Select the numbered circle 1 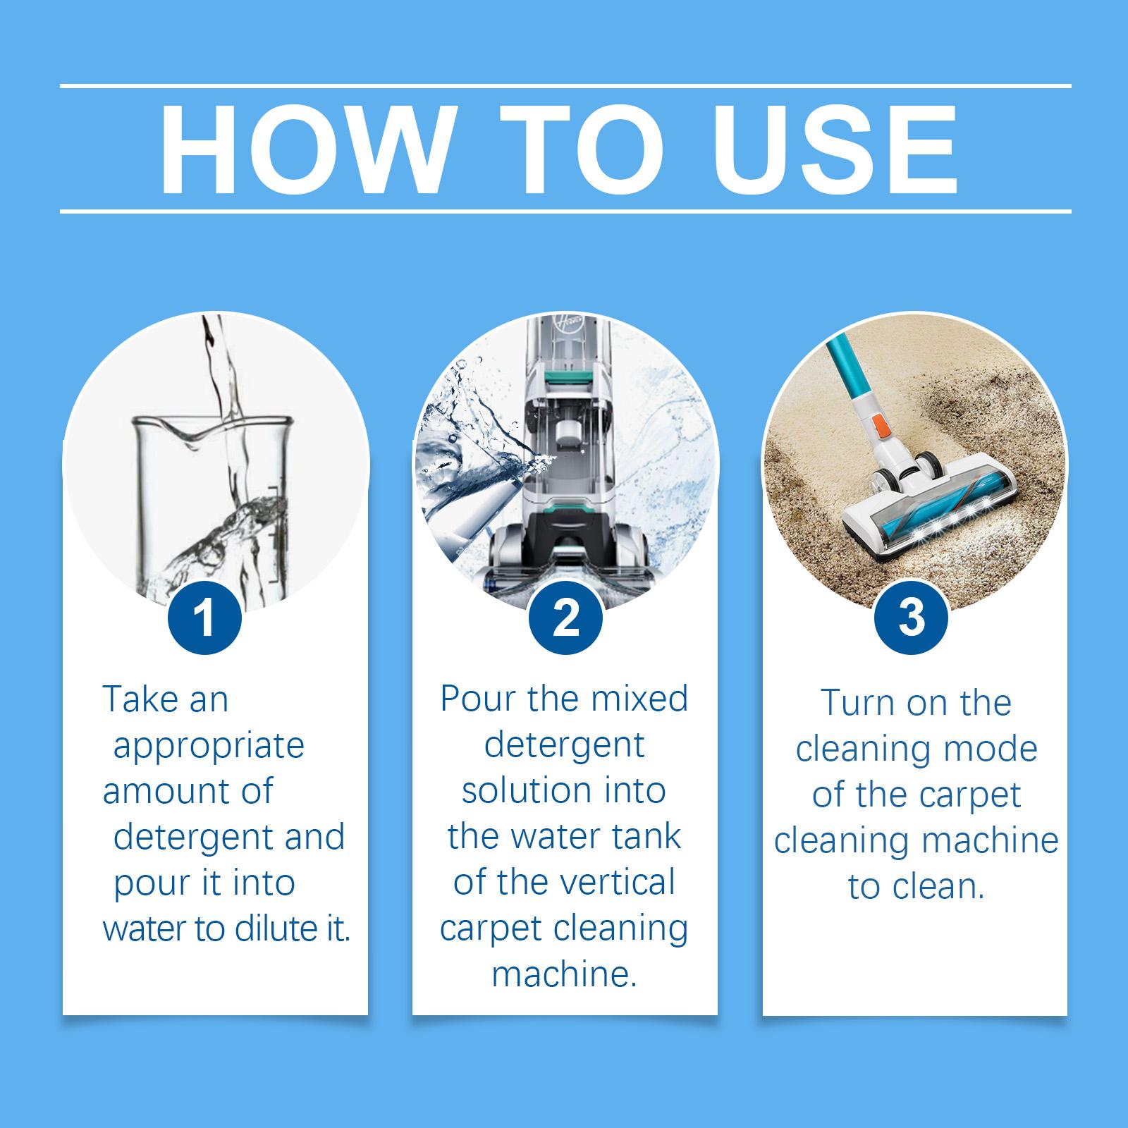[204, 618]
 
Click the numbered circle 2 [565, 618]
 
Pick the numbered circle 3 [912, 618]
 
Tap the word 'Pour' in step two [478, 699]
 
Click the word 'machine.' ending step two [565, 974]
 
